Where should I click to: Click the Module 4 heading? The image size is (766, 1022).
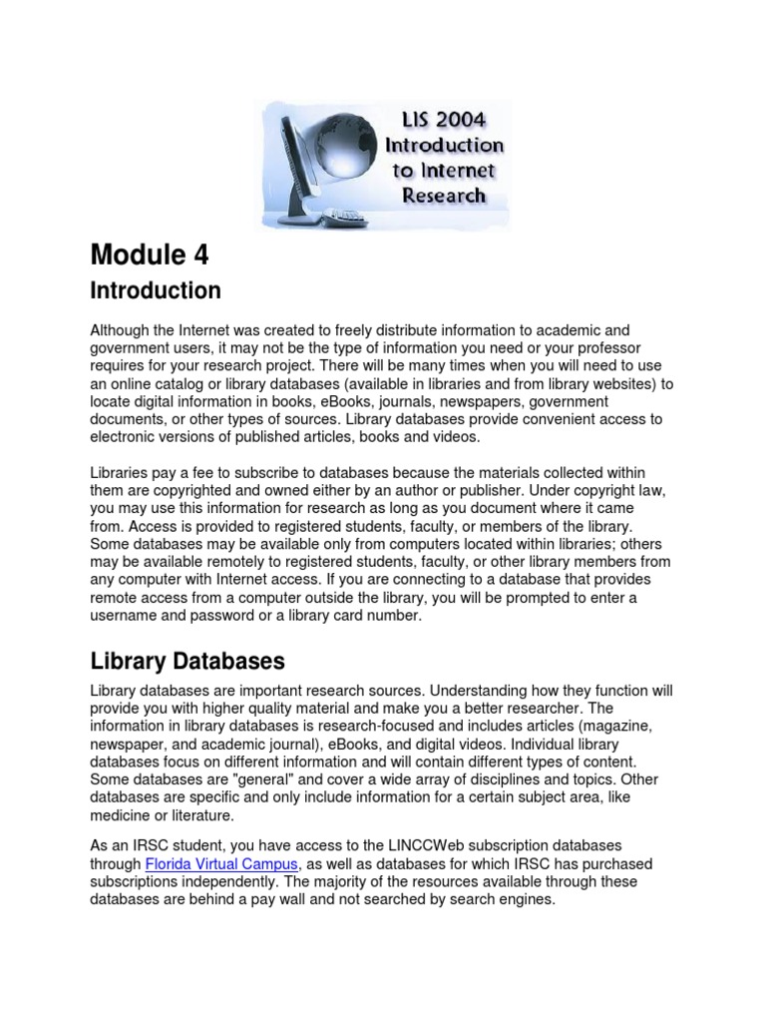(150, 255)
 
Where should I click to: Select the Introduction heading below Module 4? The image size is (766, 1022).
(156, 291)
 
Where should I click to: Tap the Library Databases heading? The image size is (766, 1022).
(188, 662)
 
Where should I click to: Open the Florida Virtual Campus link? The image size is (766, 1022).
(208, 863)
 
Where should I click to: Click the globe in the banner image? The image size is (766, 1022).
(328, 149)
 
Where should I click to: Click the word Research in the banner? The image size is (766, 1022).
(443, 195)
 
